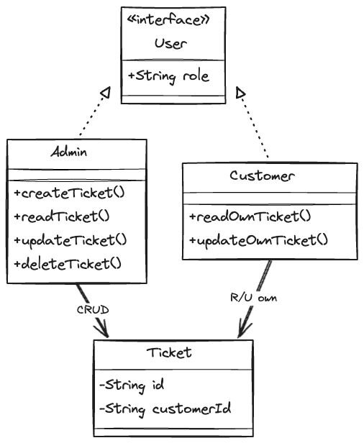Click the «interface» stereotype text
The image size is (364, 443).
(x=168, y=20)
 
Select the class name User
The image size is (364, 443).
(x=170, y=43)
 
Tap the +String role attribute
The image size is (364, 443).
(x=168, y=76)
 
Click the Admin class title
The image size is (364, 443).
(x=69, y=152)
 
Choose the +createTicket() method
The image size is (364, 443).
(x=70, y=193)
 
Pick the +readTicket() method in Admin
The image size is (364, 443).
(x=62, y=217)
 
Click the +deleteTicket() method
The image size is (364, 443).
(x=68, y=264)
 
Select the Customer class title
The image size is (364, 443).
(x=263, y=175)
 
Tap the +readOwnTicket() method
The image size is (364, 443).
(x=250, y=216)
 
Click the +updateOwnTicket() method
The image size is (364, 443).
(x=259, y=241)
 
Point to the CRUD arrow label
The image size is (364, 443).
(x=93, y=310)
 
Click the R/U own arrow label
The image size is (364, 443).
(x=253, y=298)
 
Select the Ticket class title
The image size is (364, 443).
(x=169, y=352)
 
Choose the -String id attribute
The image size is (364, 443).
(x=132, y=385)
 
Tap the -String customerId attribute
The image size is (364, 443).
(x=165, y=409)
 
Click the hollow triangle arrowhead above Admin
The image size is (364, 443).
(x=105, y=92)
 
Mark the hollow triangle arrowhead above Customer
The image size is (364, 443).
(x=240, y=92)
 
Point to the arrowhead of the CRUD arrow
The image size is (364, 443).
(x=103, y=329)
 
